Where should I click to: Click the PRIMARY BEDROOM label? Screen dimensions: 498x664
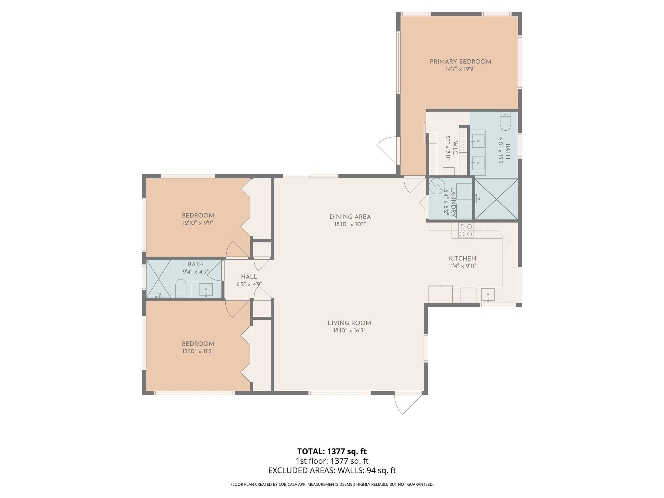point(460,62)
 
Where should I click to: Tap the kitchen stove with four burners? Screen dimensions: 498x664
point(466,230)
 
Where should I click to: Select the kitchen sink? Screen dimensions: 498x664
point(488,294)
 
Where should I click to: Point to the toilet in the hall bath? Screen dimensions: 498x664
point(181,288)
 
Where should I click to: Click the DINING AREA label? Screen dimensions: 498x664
point(350,217)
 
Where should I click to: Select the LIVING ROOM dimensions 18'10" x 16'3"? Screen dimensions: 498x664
point(349,331)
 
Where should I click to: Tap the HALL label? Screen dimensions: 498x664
point(249,277)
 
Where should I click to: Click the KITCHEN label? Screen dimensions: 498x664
point(462,258)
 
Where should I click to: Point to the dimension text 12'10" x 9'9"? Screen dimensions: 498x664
point(197,223)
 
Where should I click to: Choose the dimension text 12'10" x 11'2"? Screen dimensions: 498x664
point(197,351)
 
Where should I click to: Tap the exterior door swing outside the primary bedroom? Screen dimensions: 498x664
point(386,149)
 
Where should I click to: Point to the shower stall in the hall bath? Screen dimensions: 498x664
point(159,279)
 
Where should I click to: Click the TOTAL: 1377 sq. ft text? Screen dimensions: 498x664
point(332,451)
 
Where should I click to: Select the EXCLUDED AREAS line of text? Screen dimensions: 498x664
point(332,470)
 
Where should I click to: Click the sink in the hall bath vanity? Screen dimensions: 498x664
point(206,289)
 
